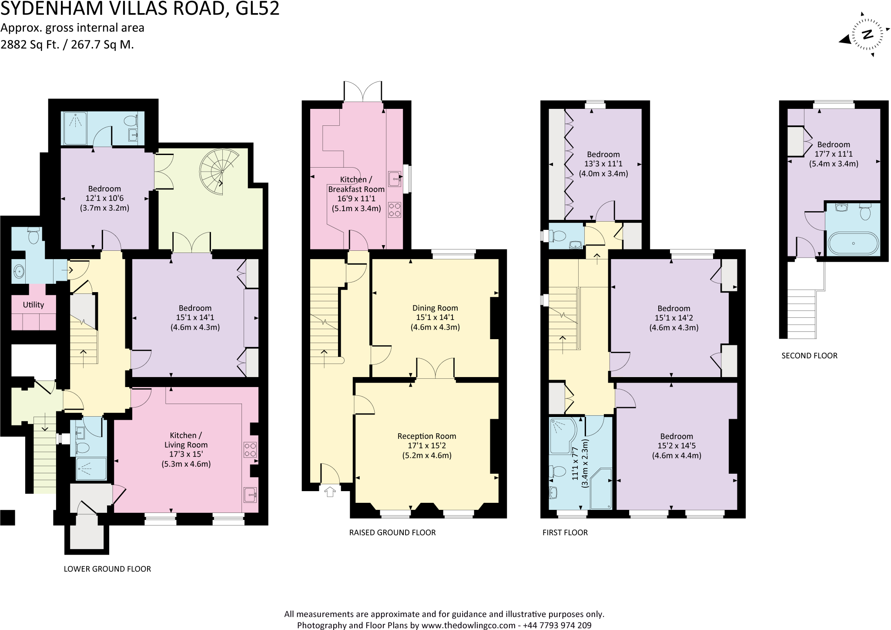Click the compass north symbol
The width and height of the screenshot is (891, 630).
point(867,35)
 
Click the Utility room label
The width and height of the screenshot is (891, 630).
point(33,305)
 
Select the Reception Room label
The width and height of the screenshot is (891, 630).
point(426,436)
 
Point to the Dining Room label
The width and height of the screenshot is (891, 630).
point(435,308)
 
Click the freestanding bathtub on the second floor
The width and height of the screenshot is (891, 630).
point(853,243)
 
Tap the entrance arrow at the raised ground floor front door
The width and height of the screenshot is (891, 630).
point(330,492)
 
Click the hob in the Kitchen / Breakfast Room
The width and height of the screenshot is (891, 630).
point(394,209)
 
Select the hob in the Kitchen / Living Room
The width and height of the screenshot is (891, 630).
point(250,449)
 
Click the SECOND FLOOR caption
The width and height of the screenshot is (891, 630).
point(809,356)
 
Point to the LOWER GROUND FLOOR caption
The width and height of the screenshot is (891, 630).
point(107,569)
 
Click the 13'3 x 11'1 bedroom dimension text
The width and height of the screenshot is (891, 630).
point(603,164)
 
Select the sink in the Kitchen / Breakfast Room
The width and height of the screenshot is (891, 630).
point(395,179)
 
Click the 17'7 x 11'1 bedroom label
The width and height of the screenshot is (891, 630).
point(833,154)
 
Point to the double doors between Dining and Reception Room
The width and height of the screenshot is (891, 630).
point(435,368)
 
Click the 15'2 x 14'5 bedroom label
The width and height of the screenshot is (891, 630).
point(676,446)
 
